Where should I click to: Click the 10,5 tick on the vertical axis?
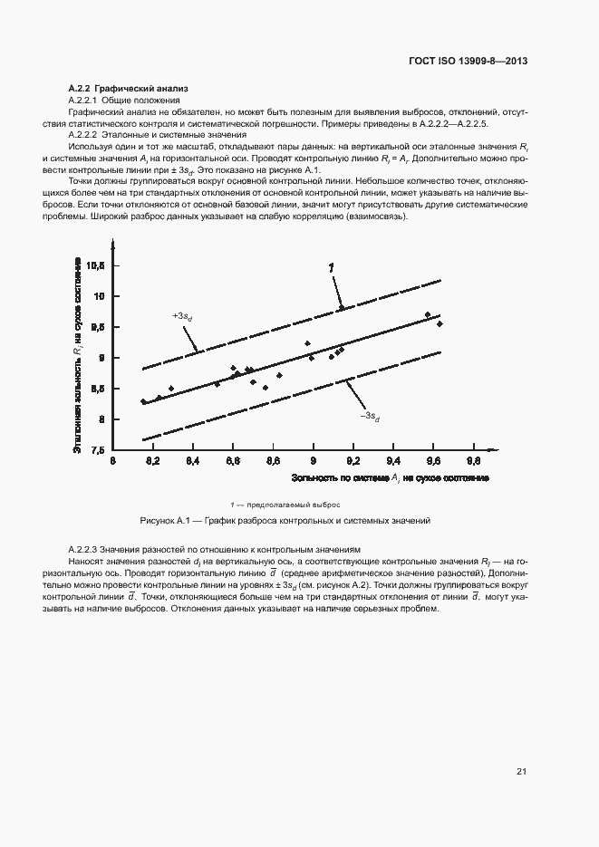[98, 265]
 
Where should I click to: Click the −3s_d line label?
[370, 416]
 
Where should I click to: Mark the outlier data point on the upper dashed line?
[341, 308]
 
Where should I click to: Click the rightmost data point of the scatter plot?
[440, 323]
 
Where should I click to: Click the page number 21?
[521, 772]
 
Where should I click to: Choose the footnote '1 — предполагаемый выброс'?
[285, 505]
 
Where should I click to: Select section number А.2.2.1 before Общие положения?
[83, 99]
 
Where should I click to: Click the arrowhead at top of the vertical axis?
[111, 242]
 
